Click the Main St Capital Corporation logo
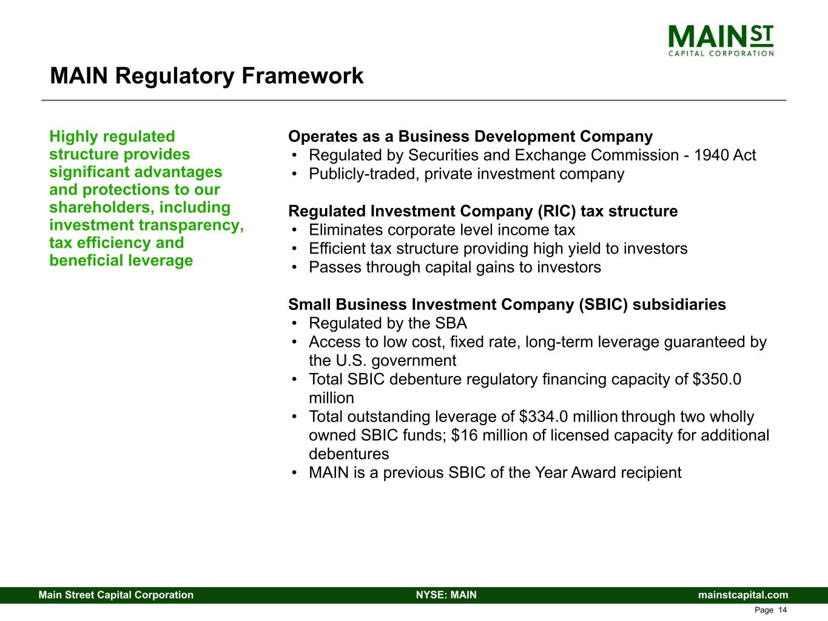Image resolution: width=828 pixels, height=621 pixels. pos(721,41)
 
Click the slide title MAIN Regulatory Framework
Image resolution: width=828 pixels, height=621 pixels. pos(206,76)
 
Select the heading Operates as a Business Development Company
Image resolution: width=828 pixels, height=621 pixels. pos(470,136)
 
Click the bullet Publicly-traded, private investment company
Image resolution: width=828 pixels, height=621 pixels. pos(466,174)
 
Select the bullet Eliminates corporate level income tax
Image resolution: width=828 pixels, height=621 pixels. pos(442,230)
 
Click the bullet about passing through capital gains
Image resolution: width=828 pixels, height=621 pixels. pos(454,267)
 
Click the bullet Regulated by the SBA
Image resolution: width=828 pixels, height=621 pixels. pos(388,323)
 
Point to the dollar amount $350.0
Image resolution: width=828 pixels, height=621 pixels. pos(716,380)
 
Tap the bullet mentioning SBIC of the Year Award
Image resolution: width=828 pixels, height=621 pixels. pos(494,473)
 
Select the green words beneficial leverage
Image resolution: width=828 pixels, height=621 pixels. pos(121,261)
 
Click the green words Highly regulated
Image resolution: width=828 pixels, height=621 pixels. pos(112,136)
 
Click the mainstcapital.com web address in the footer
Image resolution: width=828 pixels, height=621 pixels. pos(743,595)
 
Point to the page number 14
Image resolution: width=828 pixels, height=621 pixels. pos(783,610)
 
